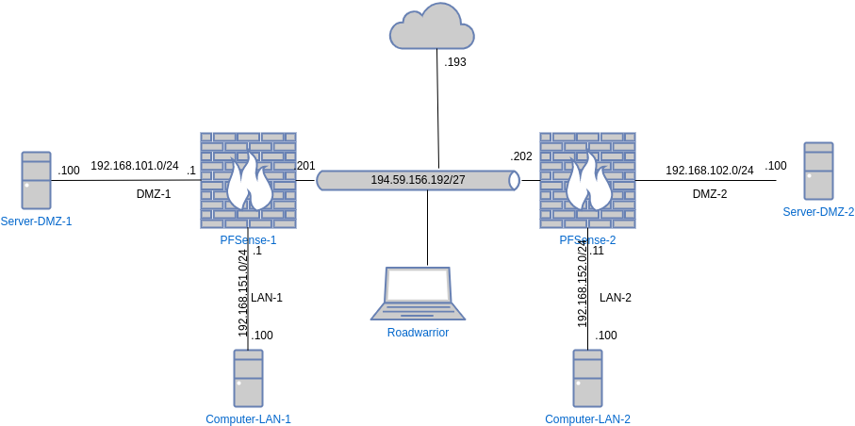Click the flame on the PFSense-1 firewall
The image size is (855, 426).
[x=250, y=184]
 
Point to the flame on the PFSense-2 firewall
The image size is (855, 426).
[x=589, y=184]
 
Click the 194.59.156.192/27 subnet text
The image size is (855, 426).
[x=418, y=180]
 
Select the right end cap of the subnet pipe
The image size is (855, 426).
[x=514, y=180]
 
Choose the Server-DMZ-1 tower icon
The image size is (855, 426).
[x=37, y=180]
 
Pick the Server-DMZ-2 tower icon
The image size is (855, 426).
[x=818, y=171]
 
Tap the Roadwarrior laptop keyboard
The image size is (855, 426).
[x=416, y=311]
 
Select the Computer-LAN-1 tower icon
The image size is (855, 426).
[x=248, y=378]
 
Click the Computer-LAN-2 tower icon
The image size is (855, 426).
[x=587, y=378]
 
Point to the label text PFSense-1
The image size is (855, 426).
[x=248, y=240]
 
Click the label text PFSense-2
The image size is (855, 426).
[x=587, y=240]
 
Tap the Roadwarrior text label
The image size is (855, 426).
[x=418, y=332]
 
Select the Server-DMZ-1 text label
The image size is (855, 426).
[x=37, y=221]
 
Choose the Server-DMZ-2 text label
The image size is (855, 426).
[x=818, y=212]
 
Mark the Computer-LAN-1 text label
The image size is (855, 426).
[x=248, y=418]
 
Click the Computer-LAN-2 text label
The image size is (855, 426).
[x=587, y=418]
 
